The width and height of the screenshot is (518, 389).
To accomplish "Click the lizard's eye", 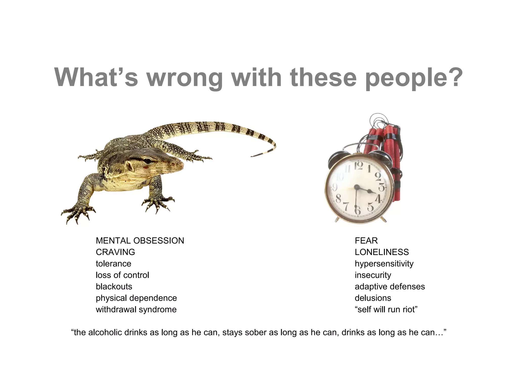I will (148, 161).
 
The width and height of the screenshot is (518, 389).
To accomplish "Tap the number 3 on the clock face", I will (382, 187).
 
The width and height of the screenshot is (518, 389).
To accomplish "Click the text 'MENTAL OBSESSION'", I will (140, 241).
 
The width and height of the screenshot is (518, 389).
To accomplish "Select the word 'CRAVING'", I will (115, 252).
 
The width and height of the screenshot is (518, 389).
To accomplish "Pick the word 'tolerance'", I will (114, 264).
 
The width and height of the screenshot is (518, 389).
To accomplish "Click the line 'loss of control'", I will (122, 275).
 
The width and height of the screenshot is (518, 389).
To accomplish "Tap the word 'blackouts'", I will (114, 286).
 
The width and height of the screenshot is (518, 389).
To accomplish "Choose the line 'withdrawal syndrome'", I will (136, 309).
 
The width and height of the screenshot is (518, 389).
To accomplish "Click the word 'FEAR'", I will (366, 241).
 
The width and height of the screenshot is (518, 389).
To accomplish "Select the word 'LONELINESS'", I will (382, 252).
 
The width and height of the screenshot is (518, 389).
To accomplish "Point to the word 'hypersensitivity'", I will (384, 264).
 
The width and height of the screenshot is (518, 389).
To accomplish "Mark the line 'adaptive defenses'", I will (390, 286).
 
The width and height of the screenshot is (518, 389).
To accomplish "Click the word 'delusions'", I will (373, 298).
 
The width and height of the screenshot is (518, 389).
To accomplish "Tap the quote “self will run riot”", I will (386, 309).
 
